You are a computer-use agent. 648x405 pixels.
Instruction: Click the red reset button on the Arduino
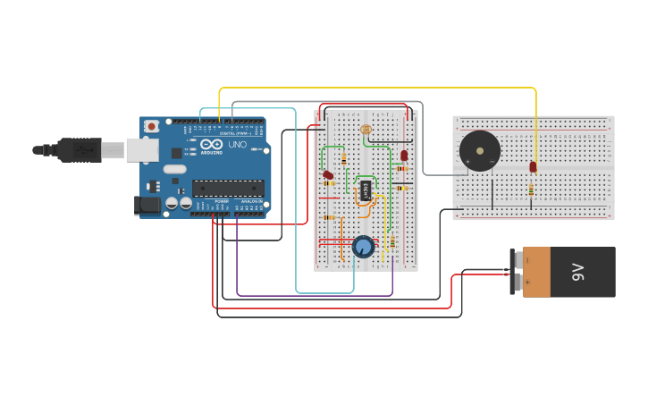point(151,127)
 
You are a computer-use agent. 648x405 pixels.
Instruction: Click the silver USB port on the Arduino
point(141,149)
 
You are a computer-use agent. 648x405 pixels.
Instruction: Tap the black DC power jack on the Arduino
point(146,206)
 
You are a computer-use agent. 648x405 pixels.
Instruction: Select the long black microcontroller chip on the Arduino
point(228,188)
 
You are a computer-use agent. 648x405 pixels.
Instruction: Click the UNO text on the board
point(238,145)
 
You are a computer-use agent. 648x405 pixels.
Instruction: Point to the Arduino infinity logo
point(213,145)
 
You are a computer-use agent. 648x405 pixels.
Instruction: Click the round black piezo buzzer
point(479,151)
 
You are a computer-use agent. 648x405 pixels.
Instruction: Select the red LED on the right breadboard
point(533,166)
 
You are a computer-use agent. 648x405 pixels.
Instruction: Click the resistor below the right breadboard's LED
point(532,189)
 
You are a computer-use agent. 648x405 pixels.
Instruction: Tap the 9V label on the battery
point(577,272)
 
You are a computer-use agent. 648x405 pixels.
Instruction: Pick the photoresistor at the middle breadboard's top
point(365,130)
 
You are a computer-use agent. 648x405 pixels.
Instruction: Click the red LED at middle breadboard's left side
point(328,174)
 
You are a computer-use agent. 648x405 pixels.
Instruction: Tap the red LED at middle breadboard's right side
point(404,156)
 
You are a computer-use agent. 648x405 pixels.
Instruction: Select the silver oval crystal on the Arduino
point(174,169)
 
